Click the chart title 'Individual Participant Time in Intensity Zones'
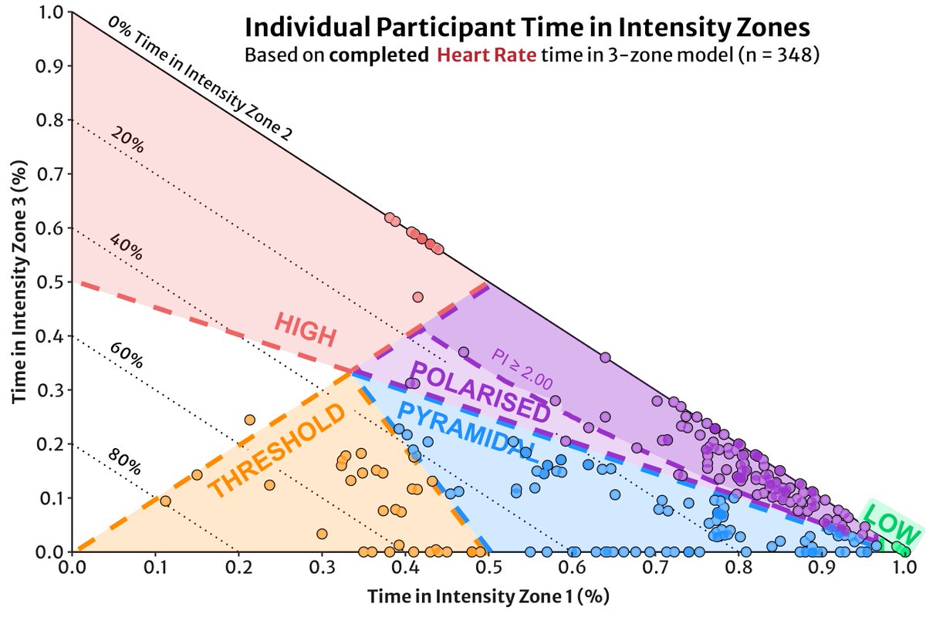(527, 29)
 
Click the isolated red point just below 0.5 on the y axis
(418, 297)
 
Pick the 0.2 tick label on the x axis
(237, 568)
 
